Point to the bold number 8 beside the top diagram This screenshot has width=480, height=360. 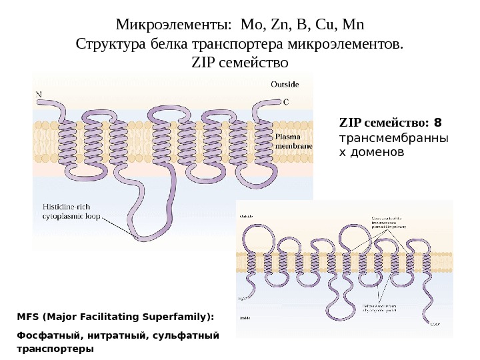pyautogui.click(x=437, y=123)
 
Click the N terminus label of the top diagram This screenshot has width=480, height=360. pyautogui.click(x=39, y=94)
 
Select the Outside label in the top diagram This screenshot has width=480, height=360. pyautogui.click(x=285, y=84)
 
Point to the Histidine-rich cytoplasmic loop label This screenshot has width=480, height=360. pyautogui.click(x=67, y=211)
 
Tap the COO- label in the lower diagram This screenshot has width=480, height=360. pyautogui.click(x=435, y=325)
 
